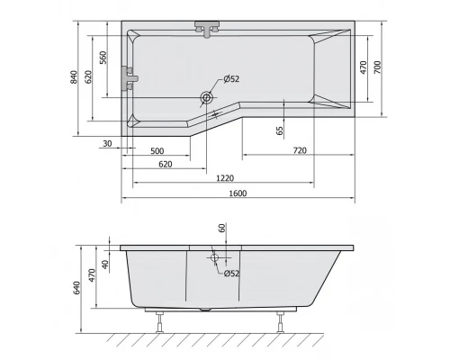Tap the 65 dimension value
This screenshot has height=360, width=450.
(280, 130)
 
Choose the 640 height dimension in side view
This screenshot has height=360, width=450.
(77, 288)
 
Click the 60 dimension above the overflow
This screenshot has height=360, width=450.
(220, 229)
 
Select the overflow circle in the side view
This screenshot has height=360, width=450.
(214, 257)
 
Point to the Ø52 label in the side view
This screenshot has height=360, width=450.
(230, 274)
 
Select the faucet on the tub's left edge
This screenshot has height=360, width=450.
(130, 80)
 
